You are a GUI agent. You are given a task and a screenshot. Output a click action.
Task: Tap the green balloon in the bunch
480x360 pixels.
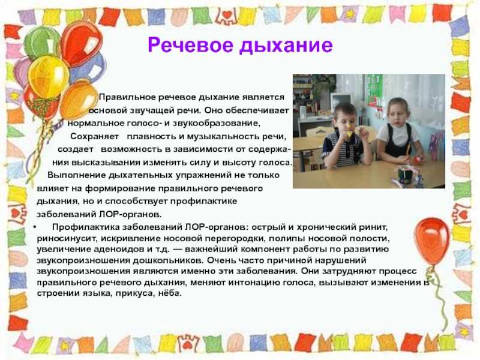tap(41, 42)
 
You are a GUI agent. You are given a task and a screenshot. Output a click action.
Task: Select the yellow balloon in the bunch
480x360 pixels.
tap(49, 77)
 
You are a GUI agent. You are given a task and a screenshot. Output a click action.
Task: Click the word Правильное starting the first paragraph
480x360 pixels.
tap(127, 97)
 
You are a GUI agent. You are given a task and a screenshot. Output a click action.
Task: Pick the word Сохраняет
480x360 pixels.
tap(94, 137)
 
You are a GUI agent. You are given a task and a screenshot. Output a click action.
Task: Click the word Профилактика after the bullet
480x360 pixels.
tap(86, 227)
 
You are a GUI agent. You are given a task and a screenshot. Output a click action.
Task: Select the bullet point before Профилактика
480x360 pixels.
tap(35, 227)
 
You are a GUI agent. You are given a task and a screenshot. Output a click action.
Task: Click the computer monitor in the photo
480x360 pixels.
tap(341, 101)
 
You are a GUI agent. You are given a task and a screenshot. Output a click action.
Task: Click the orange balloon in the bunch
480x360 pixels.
tap(78, 98)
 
